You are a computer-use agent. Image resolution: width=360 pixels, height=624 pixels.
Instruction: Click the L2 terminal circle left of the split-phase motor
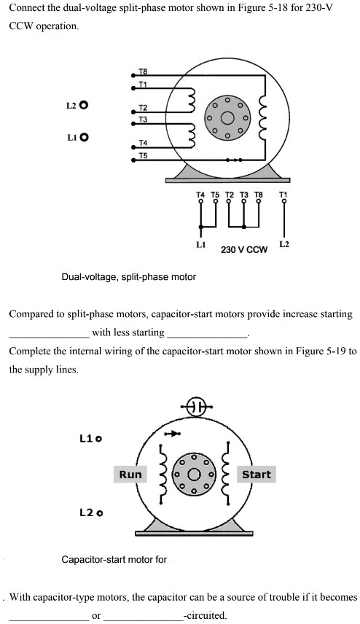84,106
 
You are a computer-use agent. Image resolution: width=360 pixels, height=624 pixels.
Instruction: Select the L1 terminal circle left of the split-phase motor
84,137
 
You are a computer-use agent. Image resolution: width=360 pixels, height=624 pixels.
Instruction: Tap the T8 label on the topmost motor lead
143,71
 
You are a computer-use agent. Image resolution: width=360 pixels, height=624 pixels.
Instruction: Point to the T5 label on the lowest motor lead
143,155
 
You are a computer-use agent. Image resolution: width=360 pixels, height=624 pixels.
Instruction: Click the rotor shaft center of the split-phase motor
227,118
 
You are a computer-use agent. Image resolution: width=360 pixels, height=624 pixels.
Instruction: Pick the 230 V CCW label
244,250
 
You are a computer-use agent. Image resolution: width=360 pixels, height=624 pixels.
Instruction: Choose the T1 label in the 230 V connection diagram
283,195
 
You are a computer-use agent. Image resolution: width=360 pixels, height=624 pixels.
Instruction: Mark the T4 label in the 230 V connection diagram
200,195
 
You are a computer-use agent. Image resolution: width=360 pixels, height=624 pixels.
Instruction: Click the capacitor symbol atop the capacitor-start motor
196,406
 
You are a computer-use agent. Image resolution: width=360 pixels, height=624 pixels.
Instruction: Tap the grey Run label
130,475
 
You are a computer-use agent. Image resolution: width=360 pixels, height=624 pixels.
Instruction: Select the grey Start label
257,475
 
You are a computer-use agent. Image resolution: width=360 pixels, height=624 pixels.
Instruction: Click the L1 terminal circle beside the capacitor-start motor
98,439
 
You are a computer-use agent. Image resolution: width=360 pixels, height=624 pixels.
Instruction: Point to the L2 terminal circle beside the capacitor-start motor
99,513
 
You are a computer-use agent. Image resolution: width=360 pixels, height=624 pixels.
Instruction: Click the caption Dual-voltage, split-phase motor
128,276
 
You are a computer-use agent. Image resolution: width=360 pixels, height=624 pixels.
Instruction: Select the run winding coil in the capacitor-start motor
163,475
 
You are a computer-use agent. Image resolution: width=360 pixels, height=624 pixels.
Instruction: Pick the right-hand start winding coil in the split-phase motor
262,118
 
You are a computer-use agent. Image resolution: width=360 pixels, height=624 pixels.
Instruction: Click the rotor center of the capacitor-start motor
194,475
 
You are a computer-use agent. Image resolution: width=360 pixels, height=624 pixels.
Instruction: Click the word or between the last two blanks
96,615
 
